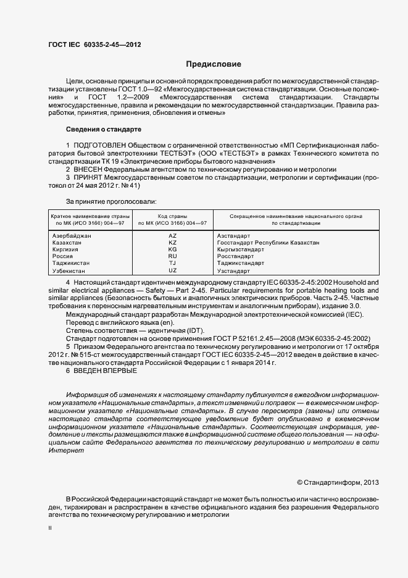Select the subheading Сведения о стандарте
pyautogui.click(x=103, y=129)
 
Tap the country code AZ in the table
pyautogui.click(x=172, y=236)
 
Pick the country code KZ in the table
pyautogui.click(x=172, y=243)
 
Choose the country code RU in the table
pyautogui.click(x=172, y=256)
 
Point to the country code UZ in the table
pyautogui.click(x=172, y=270)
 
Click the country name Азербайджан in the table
pyautogui.click(x=72, y=236)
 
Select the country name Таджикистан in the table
pyautogui.click(x=72, y=263)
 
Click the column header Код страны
pyautogui.click(x=172, y=216)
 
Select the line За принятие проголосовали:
pyautogui.click(x=110, y=201)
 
